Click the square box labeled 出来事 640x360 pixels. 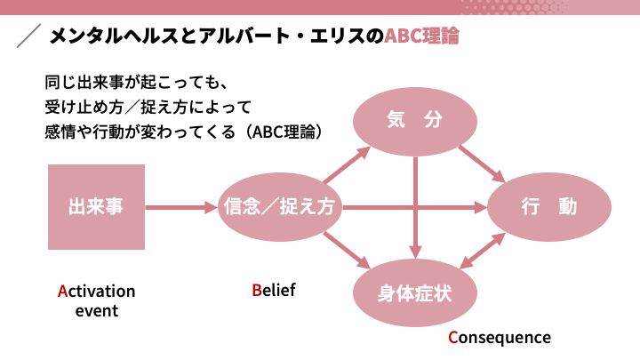96,207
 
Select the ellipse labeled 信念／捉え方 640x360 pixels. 280,207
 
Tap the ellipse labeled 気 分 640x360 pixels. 415,121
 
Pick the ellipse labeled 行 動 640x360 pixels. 549,207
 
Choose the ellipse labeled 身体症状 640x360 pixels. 415,292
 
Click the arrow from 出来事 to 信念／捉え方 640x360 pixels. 181,207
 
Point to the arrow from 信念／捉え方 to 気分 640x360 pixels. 347,164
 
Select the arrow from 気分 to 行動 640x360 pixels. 483,164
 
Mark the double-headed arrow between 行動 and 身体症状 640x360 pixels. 483,251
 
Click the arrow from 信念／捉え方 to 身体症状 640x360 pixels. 347,250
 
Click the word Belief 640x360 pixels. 274,290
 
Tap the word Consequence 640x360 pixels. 500,338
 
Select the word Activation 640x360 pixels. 96,292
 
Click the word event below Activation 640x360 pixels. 97,311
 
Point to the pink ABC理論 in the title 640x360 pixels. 421,36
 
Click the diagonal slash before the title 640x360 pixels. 28,36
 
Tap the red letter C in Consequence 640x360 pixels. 452,338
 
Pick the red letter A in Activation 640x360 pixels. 62,292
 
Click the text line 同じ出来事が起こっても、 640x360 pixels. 136,83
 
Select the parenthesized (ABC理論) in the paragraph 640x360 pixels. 285,132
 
